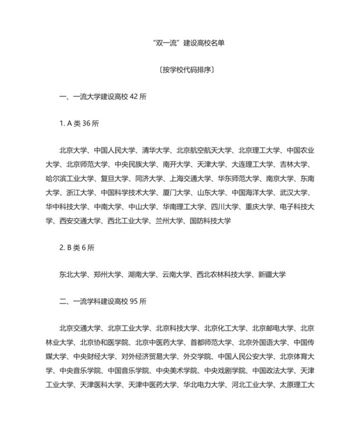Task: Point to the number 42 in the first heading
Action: click(x=134, y=97)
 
